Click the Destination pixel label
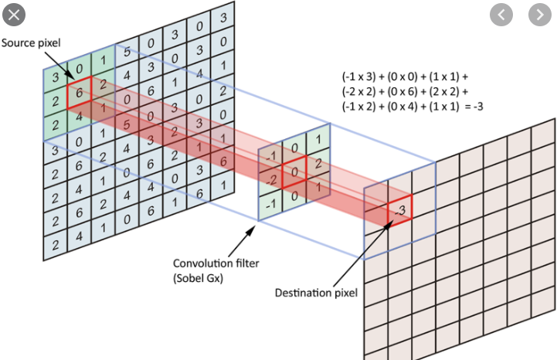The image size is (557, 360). tap(316, 293)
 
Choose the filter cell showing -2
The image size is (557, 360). tap(270, 178)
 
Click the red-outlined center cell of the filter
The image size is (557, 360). tap(294, 171)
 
